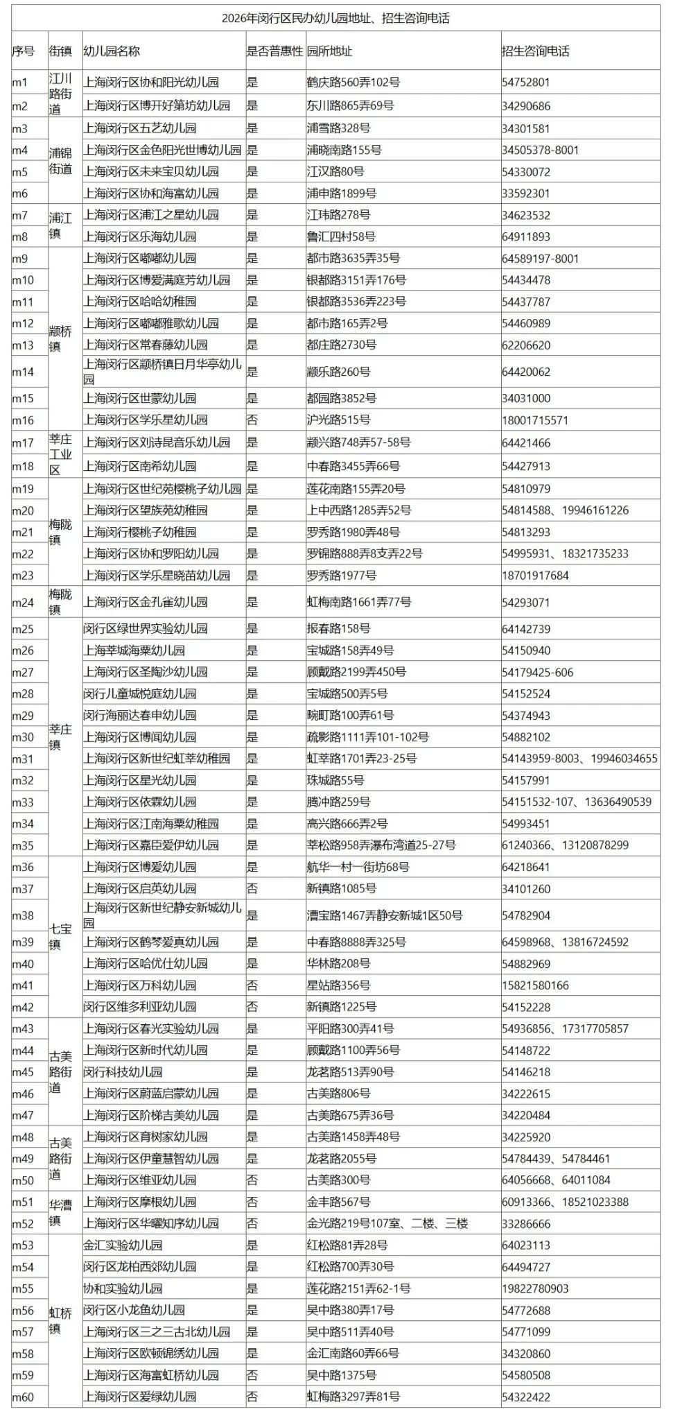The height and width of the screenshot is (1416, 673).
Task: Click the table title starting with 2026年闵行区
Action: click(335, 19)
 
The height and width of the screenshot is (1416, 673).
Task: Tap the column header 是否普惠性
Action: click(275, 51)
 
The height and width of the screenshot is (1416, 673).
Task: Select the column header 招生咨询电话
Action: click(536, 51)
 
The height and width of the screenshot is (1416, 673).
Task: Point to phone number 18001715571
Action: click(535, 420)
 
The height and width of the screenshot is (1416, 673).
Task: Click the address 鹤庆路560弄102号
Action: click(353, 83)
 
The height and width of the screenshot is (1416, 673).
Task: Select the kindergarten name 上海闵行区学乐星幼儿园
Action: click(146, 420)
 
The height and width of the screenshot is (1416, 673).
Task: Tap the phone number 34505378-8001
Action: click(540, 150)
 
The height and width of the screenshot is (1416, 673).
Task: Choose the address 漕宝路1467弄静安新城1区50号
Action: click(385, 915)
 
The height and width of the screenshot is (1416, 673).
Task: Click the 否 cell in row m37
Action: click(252, 889)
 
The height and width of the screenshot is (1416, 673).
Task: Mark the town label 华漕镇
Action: click(60, 1212)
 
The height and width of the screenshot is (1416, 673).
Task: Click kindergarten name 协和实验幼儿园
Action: click(123, 1288)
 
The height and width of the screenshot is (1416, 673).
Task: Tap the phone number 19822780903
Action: click(535, 1288)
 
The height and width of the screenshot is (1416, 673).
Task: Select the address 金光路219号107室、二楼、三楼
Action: click(387, 1223)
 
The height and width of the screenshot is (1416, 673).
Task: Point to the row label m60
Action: click(23, 1397)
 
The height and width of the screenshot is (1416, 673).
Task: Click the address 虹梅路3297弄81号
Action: click(353, 1397)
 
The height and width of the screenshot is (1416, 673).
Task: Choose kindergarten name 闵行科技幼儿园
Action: click(123, 1072)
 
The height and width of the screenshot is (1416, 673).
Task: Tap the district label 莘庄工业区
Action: click(60, 454)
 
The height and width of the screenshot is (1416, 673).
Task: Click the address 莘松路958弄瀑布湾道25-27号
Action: click(381, 845)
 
